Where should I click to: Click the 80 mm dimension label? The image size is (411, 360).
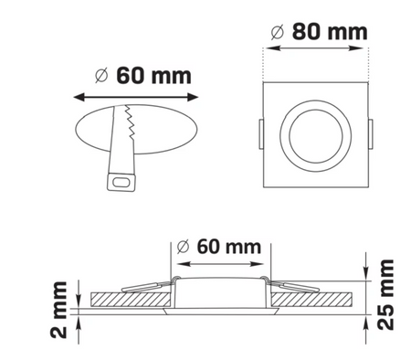click(x=330, y=32)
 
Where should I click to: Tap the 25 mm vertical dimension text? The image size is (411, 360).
click(x=385, y=294)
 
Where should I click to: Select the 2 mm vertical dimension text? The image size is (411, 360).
click(x=58, y=310)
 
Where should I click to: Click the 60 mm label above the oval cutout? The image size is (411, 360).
click(x=153, y=76)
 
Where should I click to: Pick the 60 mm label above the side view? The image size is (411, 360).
click(x=229, y=247)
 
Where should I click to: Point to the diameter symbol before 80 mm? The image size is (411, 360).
click(x=278, y=32)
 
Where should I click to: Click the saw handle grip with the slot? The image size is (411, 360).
click(x=121, y=182)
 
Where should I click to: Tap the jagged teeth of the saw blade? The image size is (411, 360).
click(x=131, y=122)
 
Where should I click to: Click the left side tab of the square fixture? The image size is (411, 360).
click(x=261, y=134)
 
